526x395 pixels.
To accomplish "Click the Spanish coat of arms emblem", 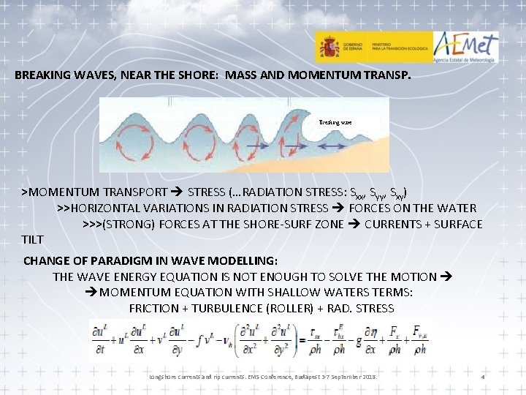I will (329, 48).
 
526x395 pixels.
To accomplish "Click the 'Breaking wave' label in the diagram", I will (335, 122).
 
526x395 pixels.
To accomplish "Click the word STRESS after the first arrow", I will (207, 192).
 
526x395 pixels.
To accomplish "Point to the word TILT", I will (33, 239).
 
